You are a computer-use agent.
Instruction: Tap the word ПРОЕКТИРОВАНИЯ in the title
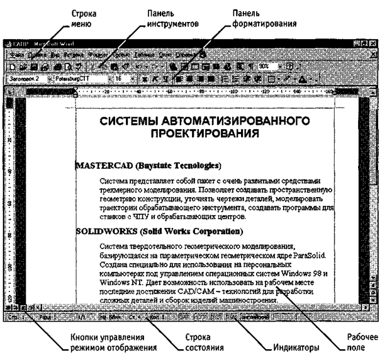pos(206,133)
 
